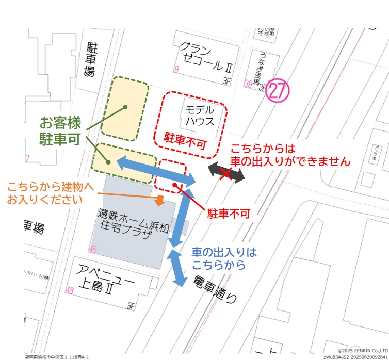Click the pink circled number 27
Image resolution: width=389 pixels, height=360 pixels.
(278, 92)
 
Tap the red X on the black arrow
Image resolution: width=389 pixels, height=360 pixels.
(225, 174)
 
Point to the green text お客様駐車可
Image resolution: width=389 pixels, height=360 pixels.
(60, 130)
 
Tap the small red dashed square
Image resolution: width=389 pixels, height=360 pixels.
(172, 176)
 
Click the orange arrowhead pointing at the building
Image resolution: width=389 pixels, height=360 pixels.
(160, 200)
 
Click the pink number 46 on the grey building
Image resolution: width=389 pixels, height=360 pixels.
(93, 250)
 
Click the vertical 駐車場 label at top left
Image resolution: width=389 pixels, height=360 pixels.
(91, 60)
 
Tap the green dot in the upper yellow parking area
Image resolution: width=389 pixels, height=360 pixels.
(125, 107)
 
